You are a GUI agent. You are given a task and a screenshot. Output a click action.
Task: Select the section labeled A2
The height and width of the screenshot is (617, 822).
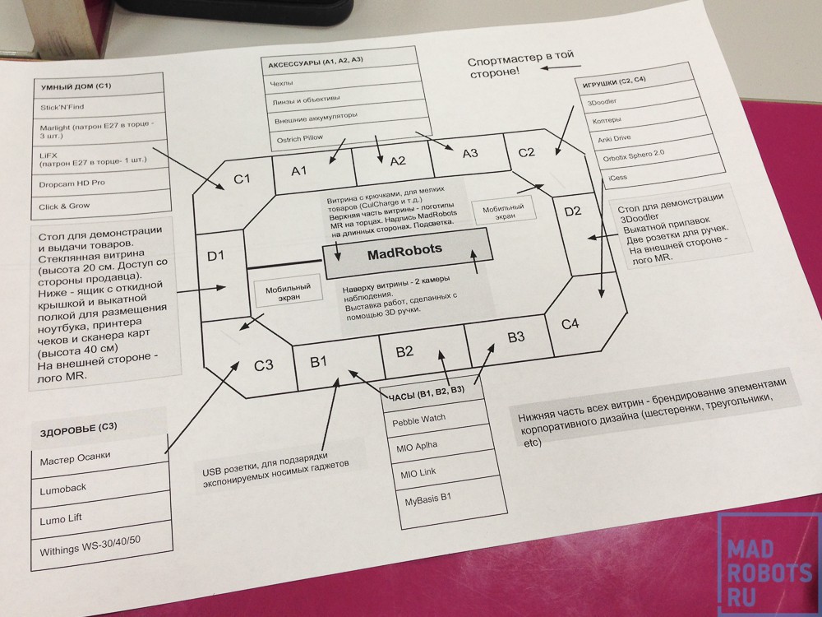(398, 160)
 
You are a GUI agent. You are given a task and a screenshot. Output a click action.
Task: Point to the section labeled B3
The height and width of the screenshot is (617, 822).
(515, 336)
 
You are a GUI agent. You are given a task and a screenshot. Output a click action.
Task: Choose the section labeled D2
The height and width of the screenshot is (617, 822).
(572, 211)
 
